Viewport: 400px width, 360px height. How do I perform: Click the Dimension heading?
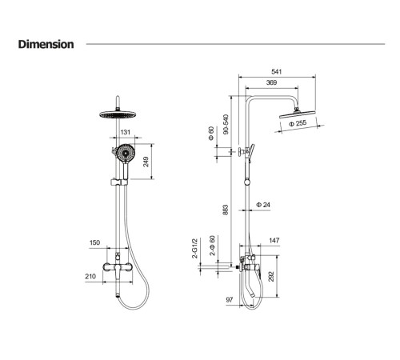(x=46, y=44)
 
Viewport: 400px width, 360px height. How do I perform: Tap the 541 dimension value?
(x=277, y=71)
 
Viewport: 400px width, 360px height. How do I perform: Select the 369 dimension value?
(x=271, y=82)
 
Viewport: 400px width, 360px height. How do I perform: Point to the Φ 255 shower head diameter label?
(x=298, y=123)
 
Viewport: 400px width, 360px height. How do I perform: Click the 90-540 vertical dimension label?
(x=226, y=124)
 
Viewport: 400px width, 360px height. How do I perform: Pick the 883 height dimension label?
(x=226, y=210)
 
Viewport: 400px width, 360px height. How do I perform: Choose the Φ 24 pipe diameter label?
(x=263, y=205)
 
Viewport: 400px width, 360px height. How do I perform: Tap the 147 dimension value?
(x=274, y=240)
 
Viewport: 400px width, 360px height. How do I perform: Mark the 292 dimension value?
(x=271, y=277)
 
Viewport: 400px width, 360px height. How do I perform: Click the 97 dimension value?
(x=230, y=300)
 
